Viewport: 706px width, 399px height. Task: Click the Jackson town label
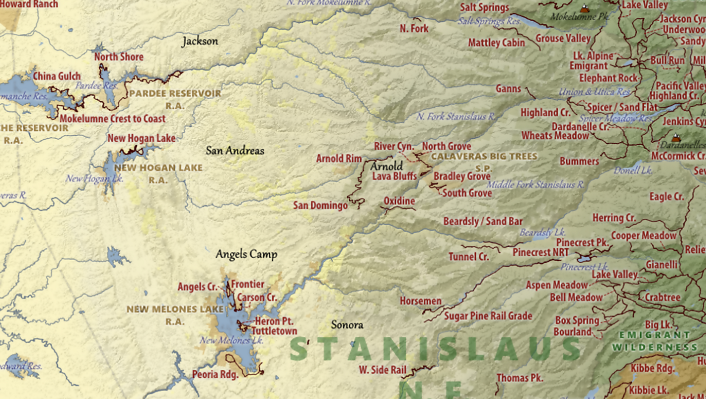click(x=200, y=41)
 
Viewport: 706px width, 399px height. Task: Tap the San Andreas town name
click(x=235, y=151)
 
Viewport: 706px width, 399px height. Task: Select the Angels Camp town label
click(x=246, y=254)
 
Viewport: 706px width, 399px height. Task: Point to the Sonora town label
click(x=347, y=325)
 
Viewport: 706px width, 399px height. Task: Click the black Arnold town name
click(x=386, y=166)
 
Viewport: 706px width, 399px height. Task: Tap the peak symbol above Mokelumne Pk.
click(x=584, y=8)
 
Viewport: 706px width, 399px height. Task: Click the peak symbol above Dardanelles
click(x=676, y=138)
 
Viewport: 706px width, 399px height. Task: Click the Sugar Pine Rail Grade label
click(x=488, y=316)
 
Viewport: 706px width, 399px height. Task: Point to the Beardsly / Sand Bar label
click(x=483, y=222)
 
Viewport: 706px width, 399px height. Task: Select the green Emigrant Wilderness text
click(x=655, y=341)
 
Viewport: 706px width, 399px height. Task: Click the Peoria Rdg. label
click(x=215, y=374)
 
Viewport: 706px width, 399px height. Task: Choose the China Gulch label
click(x=57, y=76)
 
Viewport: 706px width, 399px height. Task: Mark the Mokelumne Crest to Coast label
click(x=112, y=119)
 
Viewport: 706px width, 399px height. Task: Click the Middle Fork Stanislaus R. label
click(x=536, y=185)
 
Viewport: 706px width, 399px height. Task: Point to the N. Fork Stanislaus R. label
click(x=456, y=117)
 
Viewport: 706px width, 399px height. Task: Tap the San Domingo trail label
click(x=320, y=205)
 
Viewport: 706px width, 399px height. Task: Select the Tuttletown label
click(x=274, y=331)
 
